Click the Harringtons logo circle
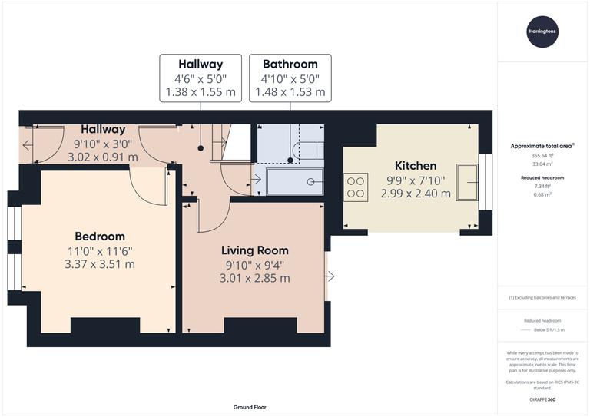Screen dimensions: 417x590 point(543,31)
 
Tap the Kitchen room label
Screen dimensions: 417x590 point(416,165)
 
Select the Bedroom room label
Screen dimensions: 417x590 point(100,236)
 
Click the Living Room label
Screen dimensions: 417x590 point(255,250)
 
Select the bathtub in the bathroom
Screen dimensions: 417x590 point(294,182)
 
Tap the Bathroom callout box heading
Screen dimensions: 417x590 point(290,64)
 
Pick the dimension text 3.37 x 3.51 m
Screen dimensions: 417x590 point(100,264)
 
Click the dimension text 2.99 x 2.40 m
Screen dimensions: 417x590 point(416,194)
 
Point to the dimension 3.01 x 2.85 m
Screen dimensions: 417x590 point(255,278)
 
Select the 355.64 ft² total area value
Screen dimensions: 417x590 point(543,155)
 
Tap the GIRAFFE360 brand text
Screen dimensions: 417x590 point(543,401)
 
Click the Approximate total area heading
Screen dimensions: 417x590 point(542,145)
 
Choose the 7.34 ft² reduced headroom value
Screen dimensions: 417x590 point(543,187)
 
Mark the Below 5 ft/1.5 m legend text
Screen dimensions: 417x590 point(543,329)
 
